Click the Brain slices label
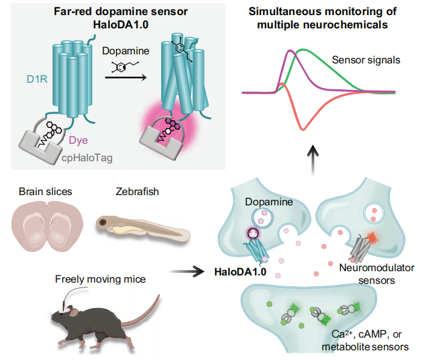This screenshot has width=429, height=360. [46, 191]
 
